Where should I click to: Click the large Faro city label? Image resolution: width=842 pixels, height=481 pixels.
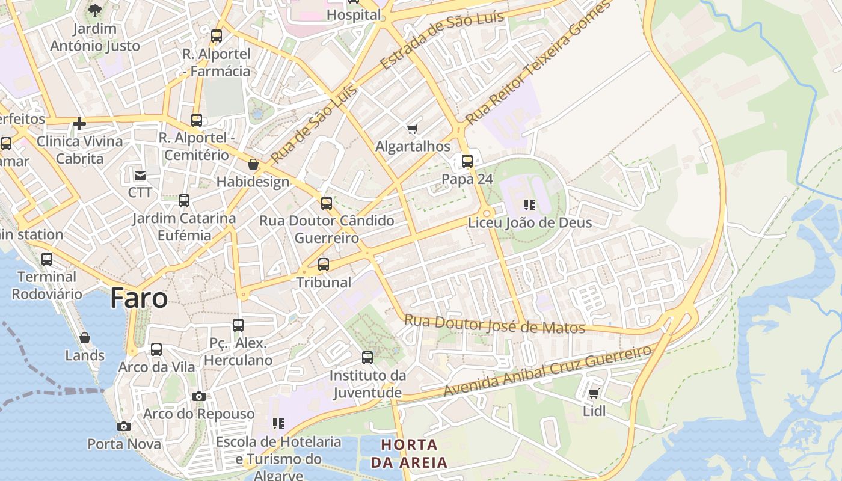coord(138,299)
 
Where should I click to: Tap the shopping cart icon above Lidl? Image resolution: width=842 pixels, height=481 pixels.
coord(594,394)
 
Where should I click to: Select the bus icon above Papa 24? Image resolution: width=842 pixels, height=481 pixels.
coord(467,161)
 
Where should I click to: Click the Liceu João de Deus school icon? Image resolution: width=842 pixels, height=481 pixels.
coord(530,205)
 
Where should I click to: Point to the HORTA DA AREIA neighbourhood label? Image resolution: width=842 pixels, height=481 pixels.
coord(409,453)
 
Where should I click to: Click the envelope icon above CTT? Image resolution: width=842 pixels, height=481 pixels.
coord(140,175)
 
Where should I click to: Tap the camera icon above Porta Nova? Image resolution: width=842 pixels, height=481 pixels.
coord(124,426)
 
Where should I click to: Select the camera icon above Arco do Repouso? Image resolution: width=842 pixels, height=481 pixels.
coord(199,396)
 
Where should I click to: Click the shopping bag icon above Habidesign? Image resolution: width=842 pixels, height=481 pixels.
coord(253,164)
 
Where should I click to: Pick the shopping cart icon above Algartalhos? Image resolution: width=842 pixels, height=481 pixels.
coord(413,129)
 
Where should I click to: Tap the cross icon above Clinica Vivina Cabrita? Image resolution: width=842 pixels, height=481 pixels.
coord(79,124)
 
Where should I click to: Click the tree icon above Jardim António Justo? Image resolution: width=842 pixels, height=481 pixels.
coord(94,10)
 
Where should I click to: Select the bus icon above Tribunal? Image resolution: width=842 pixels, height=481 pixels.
coord(324,265)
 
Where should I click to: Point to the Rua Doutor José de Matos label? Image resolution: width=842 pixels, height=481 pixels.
coord(494,324)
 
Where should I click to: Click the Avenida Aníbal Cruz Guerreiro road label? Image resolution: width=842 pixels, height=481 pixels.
coord(547,370)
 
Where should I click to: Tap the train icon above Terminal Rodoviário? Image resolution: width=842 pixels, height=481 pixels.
coord(47,259)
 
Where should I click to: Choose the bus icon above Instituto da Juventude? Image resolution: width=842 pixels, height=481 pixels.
coord(367,358)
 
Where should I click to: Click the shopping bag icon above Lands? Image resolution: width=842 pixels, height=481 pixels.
coord(85,338)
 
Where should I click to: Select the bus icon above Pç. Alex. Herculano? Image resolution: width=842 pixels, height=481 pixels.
coord(238,325)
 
